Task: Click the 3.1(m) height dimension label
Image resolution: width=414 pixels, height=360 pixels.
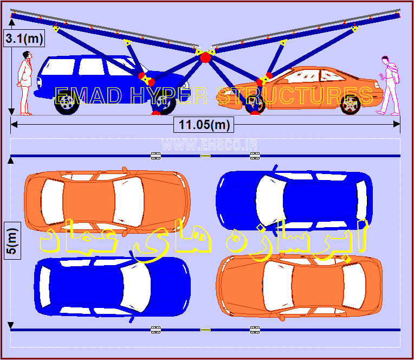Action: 24,38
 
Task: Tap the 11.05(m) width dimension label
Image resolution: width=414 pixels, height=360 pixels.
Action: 204,125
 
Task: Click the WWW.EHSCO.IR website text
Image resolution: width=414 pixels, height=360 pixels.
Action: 209,145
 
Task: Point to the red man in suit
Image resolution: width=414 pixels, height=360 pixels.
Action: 25,83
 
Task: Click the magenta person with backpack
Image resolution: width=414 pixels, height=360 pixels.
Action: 389,85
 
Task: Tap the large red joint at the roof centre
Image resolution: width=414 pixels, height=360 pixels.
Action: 205,57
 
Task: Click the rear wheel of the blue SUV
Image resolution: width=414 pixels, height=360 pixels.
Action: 66,102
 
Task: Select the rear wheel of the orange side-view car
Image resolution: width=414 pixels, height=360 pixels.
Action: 351,105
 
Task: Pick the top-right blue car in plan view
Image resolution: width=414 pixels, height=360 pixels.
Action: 294,200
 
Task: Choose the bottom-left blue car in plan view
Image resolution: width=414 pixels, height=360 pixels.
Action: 112,287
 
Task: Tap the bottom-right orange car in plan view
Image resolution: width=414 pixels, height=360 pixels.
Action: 299,286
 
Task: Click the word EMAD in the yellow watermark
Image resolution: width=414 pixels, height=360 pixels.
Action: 88,95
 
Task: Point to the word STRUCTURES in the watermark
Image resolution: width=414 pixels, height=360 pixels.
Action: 294,95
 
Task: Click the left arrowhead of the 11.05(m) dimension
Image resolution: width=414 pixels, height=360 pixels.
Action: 14,124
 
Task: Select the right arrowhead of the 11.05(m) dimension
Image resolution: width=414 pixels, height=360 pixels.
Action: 397,124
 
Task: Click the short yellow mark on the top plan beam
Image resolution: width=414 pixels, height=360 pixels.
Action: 205,156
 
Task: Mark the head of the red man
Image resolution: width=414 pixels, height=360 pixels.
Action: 27,55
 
